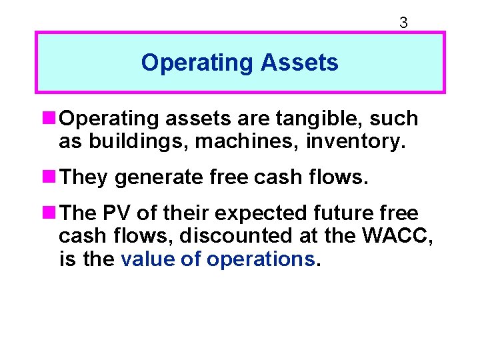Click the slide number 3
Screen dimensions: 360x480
click(x=403, y=23)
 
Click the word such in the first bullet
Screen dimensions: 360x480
click(x=394, y=119)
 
